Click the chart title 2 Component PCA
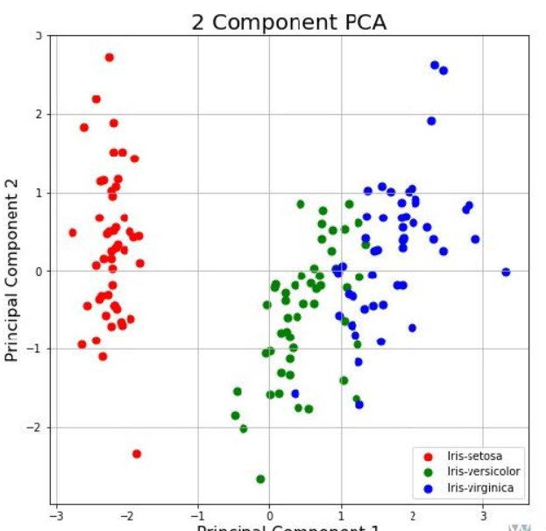[x=288, y=23]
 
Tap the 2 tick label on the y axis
[x=39, y=114]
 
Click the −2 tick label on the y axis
[x=36, y=428]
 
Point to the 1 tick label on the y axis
[x=39, y=193]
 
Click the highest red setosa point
[x=110, y=58]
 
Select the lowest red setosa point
[x=137, y=454]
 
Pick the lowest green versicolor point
[x=260, y=479]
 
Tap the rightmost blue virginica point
[x=506, y=273]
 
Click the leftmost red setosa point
[x=73, y=233]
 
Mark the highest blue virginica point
[x=435, y=65]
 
